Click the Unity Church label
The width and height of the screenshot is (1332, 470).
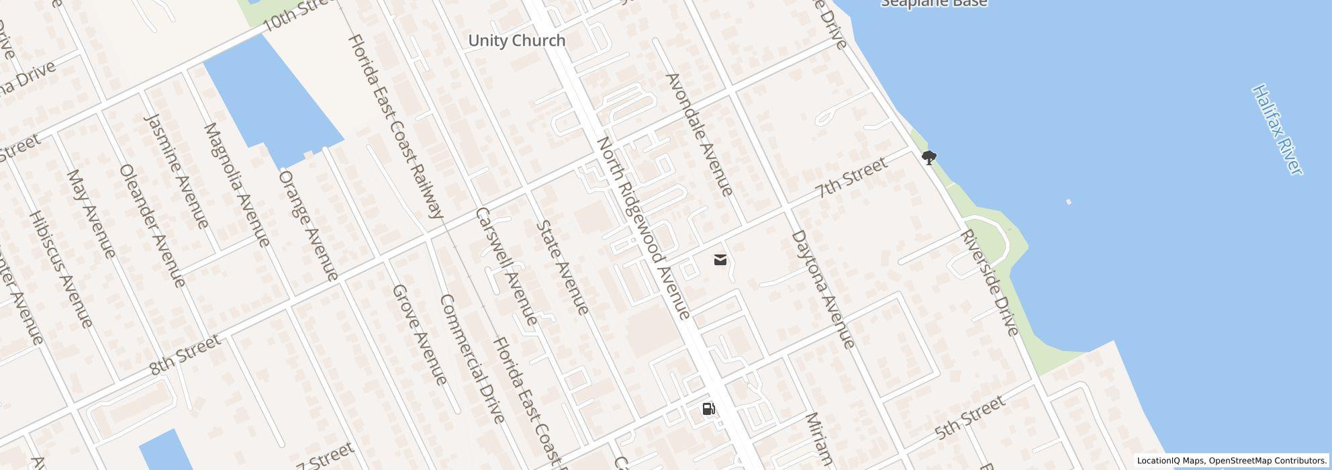pyautogui.click(x=516, y=41)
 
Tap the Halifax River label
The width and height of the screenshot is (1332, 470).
pyautogui.click(x=1277, y=130)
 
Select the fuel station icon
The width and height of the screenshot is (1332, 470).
pyautogui.click(x=708, y=409)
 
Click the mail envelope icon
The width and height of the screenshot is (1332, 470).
pyautogui.click(x=720, y=260)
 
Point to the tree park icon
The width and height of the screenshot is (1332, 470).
pyautogui.click(x=929, y=158)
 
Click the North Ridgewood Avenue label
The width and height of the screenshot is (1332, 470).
pyautogui.click(x=643, y=228)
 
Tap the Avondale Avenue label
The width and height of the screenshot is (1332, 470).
pyautogui.click(x=699, y=135)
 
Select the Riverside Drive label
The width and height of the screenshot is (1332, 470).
pyautogui.click(x=990, y=283)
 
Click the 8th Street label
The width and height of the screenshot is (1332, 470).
pyautogui.click(x=185, y=355)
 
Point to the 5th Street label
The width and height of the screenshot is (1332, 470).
pyautogui.click(x=969, y=418)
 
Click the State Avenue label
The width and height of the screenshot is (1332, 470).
pyautogui.click(x=563, y=267)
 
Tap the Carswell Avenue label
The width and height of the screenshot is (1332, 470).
pyautogui.click(x=506, y=266)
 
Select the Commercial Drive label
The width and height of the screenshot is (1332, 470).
pyautogui.click(x=471, y=359)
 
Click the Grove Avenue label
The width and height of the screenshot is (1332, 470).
pyautogui.click(x=419, y=335)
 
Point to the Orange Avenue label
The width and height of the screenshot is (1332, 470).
pyautogui.click(x=308, y=225)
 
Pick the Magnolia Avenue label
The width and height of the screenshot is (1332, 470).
pyautogui.click(x=236, y=185)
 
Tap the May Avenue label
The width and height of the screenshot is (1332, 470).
pyautogui.click(x=91, y=214)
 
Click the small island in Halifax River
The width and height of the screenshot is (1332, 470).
pyautogui.click(x=1068, y=201)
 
